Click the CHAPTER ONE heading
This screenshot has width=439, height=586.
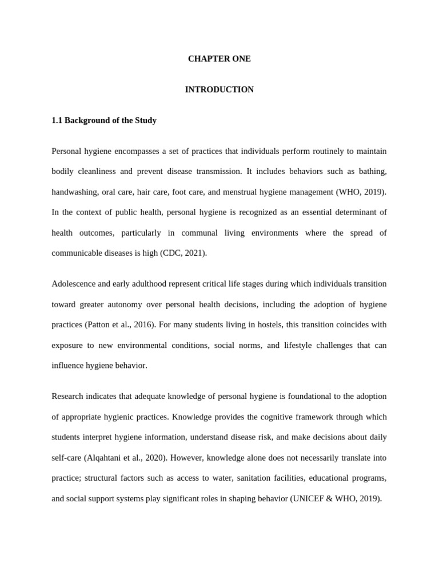(x=219, y=59)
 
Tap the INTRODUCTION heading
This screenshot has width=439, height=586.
(x=219, y=90)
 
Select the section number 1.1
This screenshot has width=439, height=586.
(x=57, y=121)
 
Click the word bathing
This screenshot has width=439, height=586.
(x=372, y=172)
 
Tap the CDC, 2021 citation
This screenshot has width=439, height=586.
(x=182, y=253)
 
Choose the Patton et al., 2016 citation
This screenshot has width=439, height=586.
(x=120, y=324)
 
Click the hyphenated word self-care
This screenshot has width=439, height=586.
(x=67, y=457)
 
